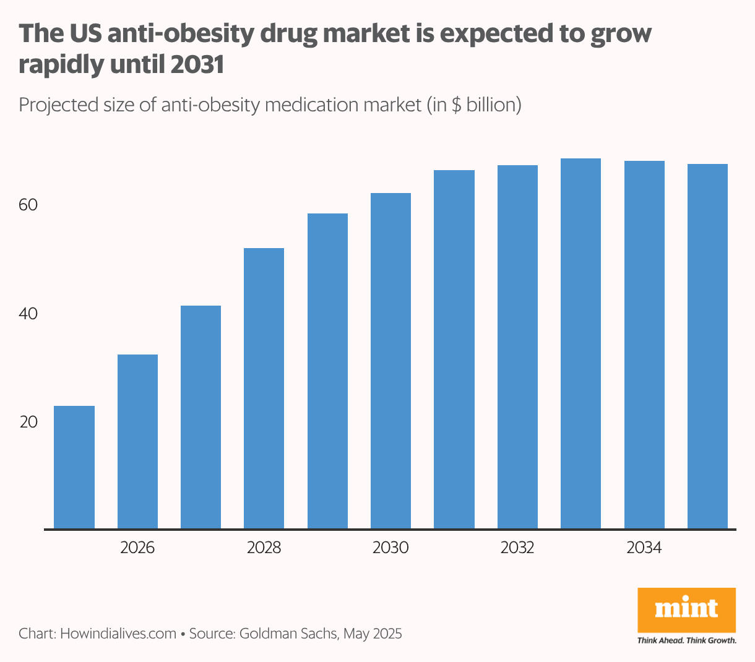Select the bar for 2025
(74, 467)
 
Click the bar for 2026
(137, 442)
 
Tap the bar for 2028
(264, 389)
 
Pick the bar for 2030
(390, 361)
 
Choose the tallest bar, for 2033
(580, 343)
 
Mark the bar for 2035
(707, 346)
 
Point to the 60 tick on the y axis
(28, 205)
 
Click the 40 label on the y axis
(28, 314)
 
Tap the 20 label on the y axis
(28, 423)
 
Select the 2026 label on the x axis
(137, 548)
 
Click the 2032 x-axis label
(517, 548)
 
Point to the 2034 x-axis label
(644, 548)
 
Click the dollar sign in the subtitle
(455, 105)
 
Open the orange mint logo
(686, 609)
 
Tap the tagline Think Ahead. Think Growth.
(686, 640)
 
